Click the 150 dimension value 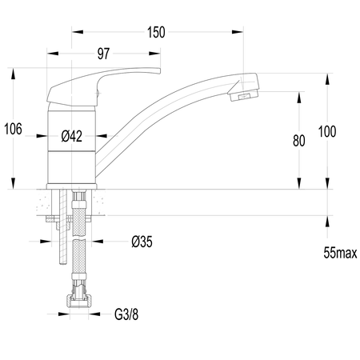[156, 33]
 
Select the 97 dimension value [103, 54]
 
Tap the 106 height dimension [13, 129]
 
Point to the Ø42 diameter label [72, 136]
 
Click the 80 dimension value [298, 141]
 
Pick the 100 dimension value [327, 131]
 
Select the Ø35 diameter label [142, 242]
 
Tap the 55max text [340, 253]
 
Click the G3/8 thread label [126, 314]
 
